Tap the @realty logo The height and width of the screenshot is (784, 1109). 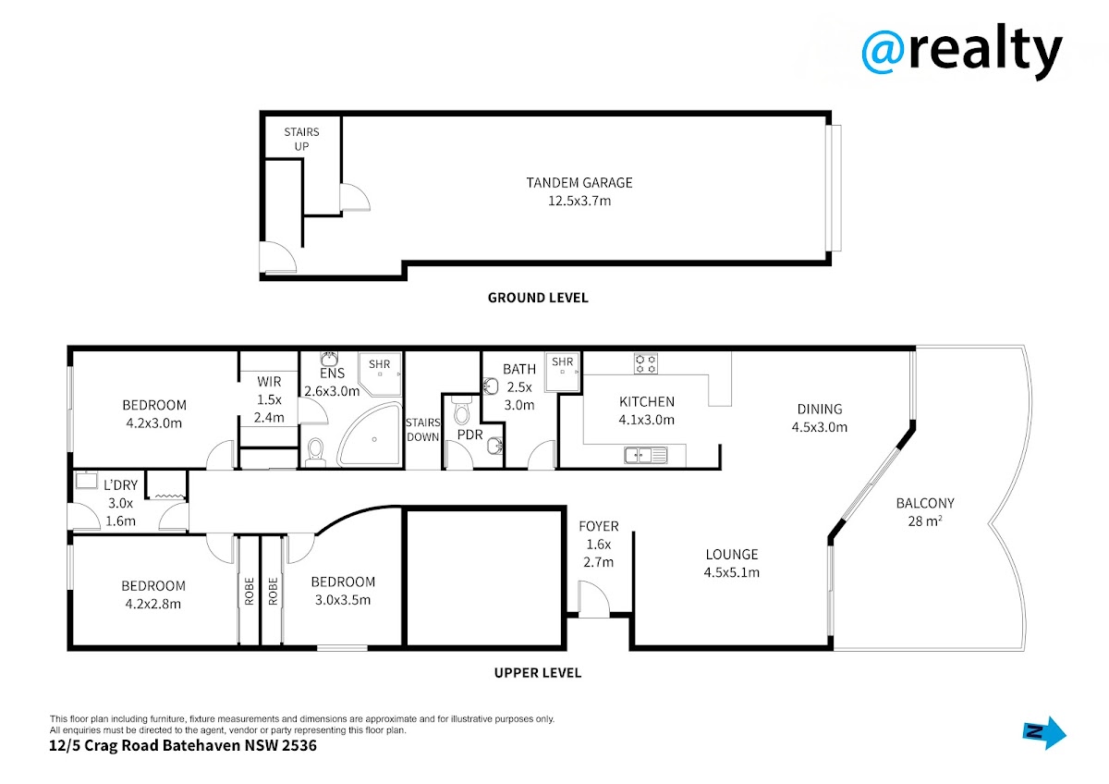pyautogui.click(x=962, y=51)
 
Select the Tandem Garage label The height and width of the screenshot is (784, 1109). pyautogui.click(x=579, y=191)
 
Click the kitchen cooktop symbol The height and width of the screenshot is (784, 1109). pyautogui.click(x=646, y=363)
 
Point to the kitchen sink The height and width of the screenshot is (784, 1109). pyautogui.click(x=646, y=455)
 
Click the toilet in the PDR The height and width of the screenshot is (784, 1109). pyautogui.click(x=461, y=410)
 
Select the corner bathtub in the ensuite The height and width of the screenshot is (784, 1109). pyautogui.click(x=370, y=435)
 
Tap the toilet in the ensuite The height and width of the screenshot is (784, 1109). pyautogui.click(x=315, y=453)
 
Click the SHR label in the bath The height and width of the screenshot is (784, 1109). pyautogui.click(x=563, y=362)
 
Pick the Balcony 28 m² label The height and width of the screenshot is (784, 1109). pyautogui.click(x=925, y=512)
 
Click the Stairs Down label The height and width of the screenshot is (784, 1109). pyautogui.click(x=423, y=430)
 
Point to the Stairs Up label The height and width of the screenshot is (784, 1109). pyautogui.click(x=301, y=140)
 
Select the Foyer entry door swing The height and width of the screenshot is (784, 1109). pyautogui.click(x=594, y=599)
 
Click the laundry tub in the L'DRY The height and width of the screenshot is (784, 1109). pyautogui.click(x=87, y=480)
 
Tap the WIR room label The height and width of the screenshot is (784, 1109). pyautogui.click(x=269, y=399)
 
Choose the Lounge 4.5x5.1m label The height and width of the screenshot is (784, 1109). pyautogui.click(x=732, y=563)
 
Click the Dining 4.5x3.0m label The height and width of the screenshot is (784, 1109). pyautogui.click(x=820, y=418)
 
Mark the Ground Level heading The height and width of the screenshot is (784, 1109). pyautogui.click(x=538, y=298)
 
